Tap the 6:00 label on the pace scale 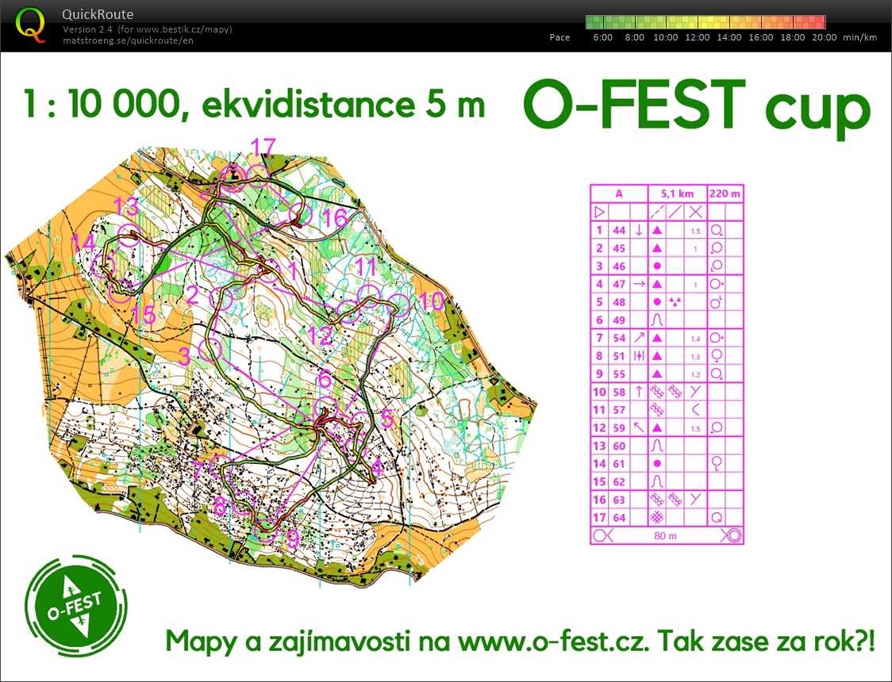(x=603, y=37)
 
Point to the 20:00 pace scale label (x=824, y=37)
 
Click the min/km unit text (x=860, y=37)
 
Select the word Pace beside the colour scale (x=559, y=37)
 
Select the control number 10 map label (x=432, y=301)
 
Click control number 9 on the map (x=293, y=540)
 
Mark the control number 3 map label (x=184, y=357)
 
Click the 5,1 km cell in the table (x=677, y=193)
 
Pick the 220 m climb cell (x=725, y=193)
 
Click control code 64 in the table (x=619, y=518)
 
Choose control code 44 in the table (x=619, y=230)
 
